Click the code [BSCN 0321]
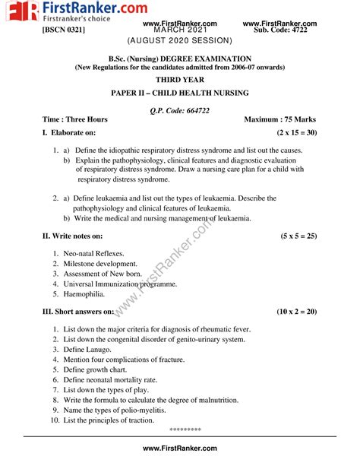(64, 30)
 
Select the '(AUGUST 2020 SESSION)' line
(180, 39)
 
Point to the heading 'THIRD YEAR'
(180, 79)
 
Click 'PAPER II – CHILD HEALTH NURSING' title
(180, 93)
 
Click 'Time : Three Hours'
(75, 119)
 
